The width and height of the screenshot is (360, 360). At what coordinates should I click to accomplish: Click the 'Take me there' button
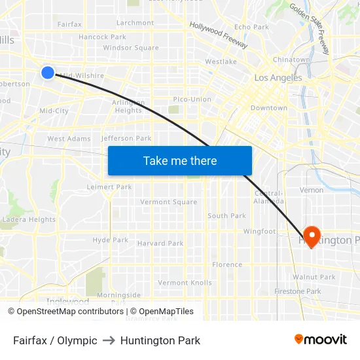click(x=180, y=160)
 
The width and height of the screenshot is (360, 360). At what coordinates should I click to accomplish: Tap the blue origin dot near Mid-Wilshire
click(x=48, y=72)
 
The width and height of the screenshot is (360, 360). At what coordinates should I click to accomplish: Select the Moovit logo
click(x=320, y=340)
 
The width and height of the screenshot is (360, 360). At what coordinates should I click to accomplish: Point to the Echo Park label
click(x=251, y=27)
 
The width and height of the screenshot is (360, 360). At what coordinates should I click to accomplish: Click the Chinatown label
click(x=291, y=60)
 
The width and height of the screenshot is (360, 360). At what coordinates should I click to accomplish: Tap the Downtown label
click(x=268, y=107)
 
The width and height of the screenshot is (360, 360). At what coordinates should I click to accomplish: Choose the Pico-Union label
click(x=192, y=99)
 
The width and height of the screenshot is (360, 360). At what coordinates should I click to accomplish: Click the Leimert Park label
click(x=109, y=187)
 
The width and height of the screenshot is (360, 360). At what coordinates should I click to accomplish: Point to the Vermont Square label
click(x=168, y=202)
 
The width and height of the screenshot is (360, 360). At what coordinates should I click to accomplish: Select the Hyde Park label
click(x=110, y=240)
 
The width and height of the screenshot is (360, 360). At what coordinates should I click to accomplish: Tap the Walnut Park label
click(x=314, y=277)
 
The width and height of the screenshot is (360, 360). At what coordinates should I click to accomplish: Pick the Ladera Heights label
click(x=29, y=219)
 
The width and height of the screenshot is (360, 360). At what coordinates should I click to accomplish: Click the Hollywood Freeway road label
click(x=219, y=35)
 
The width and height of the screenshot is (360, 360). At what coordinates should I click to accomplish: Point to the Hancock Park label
click(x=102, y=37)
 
